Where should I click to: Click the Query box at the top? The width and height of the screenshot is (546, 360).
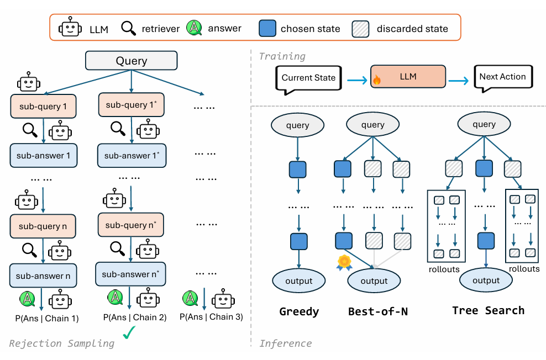click(x=131, y=61)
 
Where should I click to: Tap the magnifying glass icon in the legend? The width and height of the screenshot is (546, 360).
click(x=129, y=28)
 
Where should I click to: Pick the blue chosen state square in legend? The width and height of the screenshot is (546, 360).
click(x=267, y=28)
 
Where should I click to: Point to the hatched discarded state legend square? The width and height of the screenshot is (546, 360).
click(x=360, y=28)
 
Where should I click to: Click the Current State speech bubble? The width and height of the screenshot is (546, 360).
click(x=308, y=78)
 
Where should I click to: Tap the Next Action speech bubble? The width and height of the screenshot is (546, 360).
click(x=502, y=77)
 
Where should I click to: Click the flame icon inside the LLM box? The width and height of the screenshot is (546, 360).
click(x=377, y=80)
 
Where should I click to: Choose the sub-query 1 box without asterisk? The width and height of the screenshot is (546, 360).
click(x=43, y=106)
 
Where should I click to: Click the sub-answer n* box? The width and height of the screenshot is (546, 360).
click(x=130, y=274)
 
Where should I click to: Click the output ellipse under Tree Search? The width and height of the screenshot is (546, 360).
click(x=486, y=280)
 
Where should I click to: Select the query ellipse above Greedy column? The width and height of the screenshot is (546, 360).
click(x=297, y=125)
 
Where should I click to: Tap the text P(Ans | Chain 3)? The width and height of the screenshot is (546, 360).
click(x=211, y=316)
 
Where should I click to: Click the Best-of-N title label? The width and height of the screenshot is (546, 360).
click(x=378, y=311)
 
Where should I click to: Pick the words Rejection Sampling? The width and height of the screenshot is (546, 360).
click(x=61, y=343)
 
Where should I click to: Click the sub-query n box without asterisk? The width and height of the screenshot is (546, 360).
click(x=43, y=226)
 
